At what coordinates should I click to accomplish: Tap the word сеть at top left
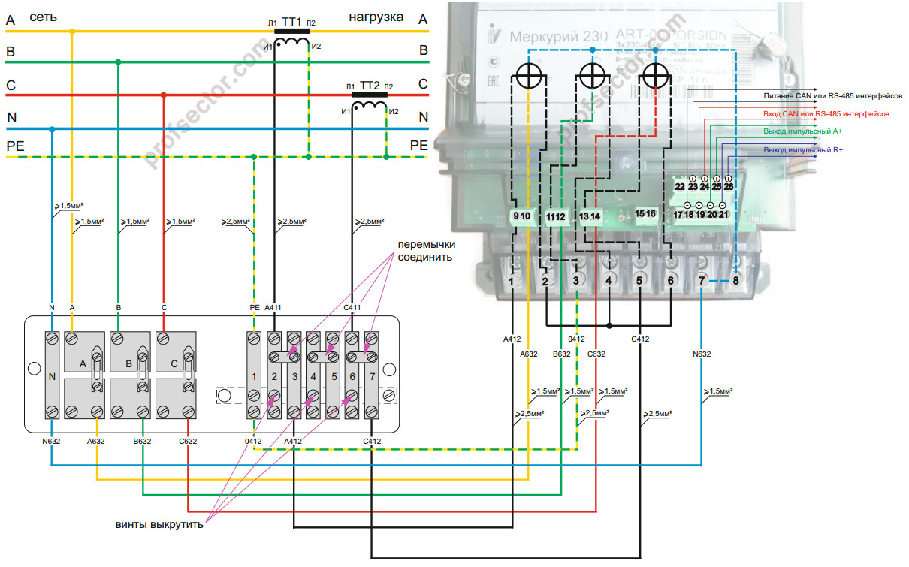click(x=43, y=16)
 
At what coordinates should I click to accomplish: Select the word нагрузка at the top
click(x=376, y=16)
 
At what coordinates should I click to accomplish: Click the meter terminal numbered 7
click(x=701, y=281)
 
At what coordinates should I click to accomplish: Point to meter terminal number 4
click(x=608, y=281)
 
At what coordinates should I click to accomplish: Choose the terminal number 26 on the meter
click(x=728, y=186)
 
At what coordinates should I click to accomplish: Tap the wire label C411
click(x=352, y=307)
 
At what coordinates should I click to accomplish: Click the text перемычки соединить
click(x=425, y=251)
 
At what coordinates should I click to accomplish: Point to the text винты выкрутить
click(x=159, y=523)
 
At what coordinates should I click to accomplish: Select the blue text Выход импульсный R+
click(x=802, y=150)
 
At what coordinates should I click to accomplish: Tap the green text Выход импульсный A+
click(x=802, y=132)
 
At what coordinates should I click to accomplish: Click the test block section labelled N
click(x=52, y=376)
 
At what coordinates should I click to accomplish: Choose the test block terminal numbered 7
click(x=372, y=375)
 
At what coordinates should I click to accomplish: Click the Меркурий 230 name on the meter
click(x=548, y=37)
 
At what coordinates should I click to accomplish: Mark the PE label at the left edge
click(x=15, y=145)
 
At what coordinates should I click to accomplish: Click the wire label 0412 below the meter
click(x=577, y=339)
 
